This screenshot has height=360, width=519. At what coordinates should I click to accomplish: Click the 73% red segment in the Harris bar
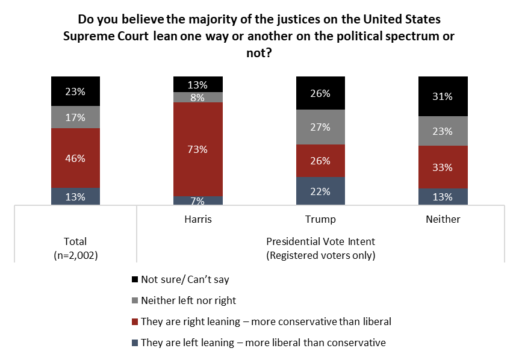[197, 149]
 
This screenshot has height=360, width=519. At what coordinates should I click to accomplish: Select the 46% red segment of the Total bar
[75, 158]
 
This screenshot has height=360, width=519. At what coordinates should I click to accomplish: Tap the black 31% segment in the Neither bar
[443, 96]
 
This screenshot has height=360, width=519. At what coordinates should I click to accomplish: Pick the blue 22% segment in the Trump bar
[320, 191]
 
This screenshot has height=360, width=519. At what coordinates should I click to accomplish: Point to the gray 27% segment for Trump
[320, 127]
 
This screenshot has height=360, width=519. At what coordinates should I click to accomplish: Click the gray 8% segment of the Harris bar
[197, 97]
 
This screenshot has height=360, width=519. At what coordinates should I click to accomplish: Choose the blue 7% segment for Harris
[197, 200]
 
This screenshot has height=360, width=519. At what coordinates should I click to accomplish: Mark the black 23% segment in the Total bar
[75, 92]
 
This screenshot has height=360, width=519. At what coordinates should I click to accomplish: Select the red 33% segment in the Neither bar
[443, 167]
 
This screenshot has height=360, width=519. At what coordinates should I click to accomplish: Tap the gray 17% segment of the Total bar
[75, 117]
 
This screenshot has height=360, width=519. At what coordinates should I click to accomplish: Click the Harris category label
[197, 219]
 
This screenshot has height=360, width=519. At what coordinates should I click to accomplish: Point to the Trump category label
[320, 219]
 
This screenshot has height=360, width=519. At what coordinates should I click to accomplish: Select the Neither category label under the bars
[443, 219]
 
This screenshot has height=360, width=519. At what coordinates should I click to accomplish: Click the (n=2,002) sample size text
[75, 255]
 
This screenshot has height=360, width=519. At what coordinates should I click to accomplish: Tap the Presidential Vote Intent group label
[320, 241]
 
